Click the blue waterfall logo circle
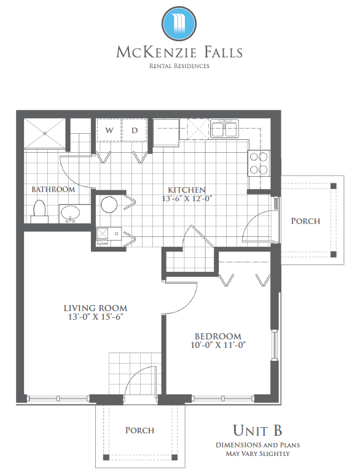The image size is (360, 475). [x=179, y=23]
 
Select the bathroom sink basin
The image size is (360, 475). [x=71, y=213]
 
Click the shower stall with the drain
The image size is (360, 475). [x=45, y=133]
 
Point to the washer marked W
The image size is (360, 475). [x=109, y=130]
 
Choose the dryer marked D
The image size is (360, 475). [x=135, y=130]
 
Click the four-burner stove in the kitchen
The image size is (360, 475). [x=259, y=163]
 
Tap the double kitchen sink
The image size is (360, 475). [x=225, y=128]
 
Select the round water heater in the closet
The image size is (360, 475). [x=109, y=205]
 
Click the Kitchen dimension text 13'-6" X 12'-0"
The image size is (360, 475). [x=187, y=199]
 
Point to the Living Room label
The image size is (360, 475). [x=96, y=309]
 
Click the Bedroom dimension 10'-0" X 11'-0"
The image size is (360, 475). [x=218, y=345]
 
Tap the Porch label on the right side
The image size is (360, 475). [x=305, y=221]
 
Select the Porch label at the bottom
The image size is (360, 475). [x=140, y=430]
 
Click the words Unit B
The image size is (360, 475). [x=257, y=430]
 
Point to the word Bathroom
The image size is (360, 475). [x=53, y=190]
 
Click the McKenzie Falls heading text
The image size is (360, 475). [x=179, y=52]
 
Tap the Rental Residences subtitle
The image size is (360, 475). [x=179, y=66]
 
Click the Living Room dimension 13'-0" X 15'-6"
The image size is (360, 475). [x=96, y=317]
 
